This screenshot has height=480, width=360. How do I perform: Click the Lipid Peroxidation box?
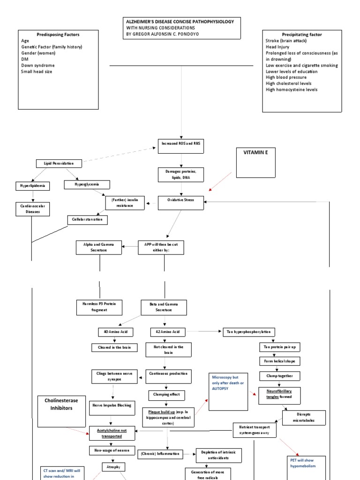(x=59, y=164)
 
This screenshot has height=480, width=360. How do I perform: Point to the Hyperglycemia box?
(x=88, y=185)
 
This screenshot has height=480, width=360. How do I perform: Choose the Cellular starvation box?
(x=87, y=219)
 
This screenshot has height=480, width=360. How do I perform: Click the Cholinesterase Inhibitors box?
(x=61, y=405)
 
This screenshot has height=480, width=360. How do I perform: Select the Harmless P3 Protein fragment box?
(x=99, y=307)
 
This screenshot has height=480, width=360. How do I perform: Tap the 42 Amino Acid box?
(x=164, y=332)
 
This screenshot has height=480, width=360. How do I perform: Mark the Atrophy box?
(x=113, y=467)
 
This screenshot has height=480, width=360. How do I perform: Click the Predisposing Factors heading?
(x=58, y=35)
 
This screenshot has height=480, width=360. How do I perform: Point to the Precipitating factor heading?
(x=301, y=35)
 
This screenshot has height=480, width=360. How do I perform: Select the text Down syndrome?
(x=38, y=66)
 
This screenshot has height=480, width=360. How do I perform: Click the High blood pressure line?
(x=286, y=77)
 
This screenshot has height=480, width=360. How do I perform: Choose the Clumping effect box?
(x=164, y=394)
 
